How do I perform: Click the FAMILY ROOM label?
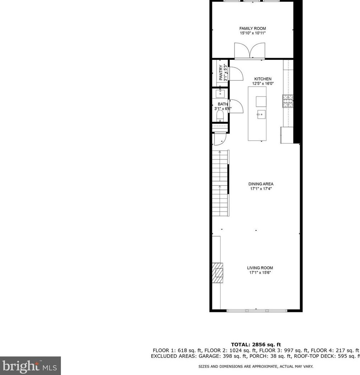pyautogui.click(x=252, y=28)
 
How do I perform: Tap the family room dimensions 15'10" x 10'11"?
pyautogui.click(x=252, y=33)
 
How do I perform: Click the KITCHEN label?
pyautogui.click(x=263, y=79)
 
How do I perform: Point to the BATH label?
pyautogui.click(x=223, y=104)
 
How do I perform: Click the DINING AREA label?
pyautogui.click(x=261, y=184)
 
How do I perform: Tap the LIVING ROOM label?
pyautogui.click(x=260, y=268)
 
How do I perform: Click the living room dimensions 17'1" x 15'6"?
pyautogui.click(x=260, y=273)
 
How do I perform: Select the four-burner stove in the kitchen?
pyautogui.click(x=288, y=101)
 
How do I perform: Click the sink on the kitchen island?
pyautogui.click(x=261, y=114)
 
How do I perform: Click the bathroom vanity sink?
pyautogui.click(x=220, y=94)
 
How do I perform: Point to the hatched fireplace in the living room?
pyautogui.click(x=218, y=273)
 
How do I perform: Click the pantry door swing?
pyautogui.click(x=234, y=73)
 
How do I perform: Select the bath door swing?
pyautogui.click(x=235, y=106)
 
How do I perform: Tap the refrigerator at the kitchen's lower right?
pyautogui.click(x=286, y=135)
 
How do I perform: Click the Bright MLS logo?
pyautogui.click(x=30, y=366)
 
